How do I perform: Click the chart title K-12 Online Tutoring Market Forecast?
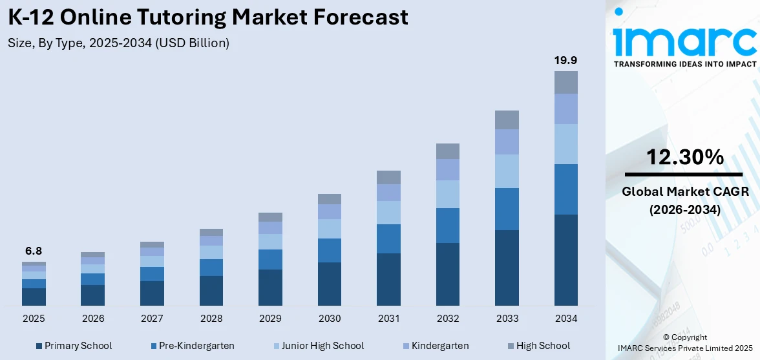[208, 17]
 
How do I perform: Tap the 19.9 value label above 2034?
[565, 60]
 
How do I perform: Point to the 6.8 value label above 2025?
[34, 251]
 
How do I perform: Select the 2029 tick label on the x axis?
[270, 319]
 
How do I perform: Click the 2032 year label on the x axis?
[447, 319]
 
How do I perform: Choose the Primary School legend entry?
[74, 346]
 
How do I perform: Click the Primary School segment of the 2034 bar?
[565, 260]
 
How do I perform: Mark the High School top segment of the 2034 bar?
[565, 82]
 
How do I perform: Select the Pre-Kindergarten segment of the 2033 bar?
[507, 209]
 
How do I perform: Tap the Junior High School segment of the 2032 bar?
[447, 194]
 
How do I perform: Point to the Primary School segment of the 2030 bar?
[329, 284]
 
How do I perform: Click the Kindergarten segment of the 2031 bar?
[388, 193]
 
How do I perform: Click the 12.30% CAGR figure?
[684, 157]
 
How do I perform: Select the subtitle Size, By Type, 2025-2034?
[119, 43]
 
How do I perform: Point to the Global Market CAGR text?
[684, 191]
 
